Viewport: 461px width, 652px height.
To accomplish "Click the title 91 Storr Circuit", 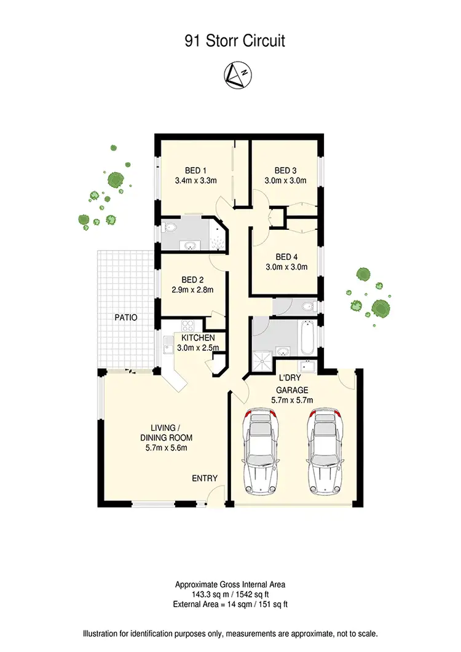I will coord(235,42).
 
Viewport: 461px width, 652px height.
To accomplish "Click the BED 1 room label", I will coord(196,170).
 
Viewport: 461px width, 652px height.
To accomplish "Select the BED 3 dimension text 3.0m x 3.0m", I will coord(285,181).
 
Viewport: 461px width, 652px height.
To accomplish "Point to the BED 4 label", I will coord(286,257).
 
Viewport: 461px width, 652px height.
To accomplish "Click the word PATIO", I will coord(125,318).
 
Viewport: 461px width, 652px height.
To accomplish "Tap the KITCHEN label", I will coord(197,338).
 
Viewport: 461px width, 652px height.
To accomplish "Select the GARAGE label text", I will coord(292,390).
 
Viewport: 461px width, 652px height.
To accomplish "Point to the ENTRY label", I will coord(205,478).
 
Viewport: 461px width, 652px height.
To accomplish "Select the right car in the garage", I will coord(326,451).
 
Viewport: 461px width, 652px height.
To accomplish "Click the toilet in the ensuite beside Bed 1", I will coord(171,229).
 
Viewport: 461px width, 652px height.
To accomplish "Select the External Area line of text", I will coord(231,605).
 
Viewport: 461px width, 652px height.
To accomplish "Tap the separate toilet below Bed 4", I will coord(307,305).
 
